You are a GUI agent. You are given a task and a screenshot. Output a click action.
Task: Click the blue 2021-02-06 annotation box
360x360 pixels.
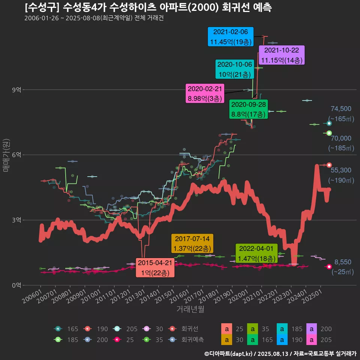click(231, 37)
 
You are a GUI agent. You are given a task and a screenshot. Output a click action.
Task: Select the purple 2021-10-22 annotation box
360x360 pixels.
click(282, 55)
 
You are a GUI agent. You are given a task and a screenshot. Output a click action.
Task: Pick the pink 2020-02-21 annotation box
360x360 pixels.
click(205, 94)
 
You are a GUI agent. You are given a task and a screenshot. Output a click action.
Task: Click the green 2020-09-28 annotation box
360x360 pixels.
click(249, 109)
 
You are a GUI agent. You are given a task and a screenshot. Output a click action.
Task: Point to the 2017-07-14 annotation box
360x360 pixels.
click(192, 243)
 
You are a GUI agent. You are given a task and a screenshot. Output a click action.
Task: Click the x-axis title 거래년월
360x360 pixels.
click(190, 309)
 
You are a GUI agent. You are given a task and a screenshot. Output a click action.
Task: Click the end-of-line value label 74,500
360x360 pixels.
click(341, 109)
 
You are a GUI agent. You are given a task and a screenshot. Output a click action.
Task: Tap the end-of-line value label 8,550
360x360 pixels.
click(343, 262)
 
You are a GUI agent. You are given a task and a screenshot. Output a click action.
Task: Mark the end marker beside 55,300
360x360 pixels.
click(329, 165)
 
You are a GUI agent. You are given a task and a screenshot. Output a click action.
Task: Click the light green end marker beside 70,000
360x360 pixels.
click(329, 133)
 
